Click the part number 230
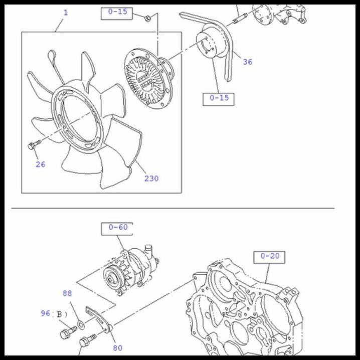(x=151, y=178)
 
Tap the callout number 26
(x=40, y=164)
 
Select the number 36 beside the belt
(x=248, y=62)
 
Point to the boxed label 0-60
(x=118, y=227)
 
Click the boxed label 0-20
(x=269, y=256)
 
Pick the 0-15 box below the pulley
(x=219, y=98)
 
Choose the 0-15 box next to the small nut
(x=118, y=12)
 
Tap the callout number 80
(x=117, y=347)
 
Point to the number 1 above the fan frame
(x=65, y=12)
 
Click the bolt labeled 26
(x=33, y=145)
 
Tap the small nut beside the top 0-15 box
(x=147, y=19)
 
